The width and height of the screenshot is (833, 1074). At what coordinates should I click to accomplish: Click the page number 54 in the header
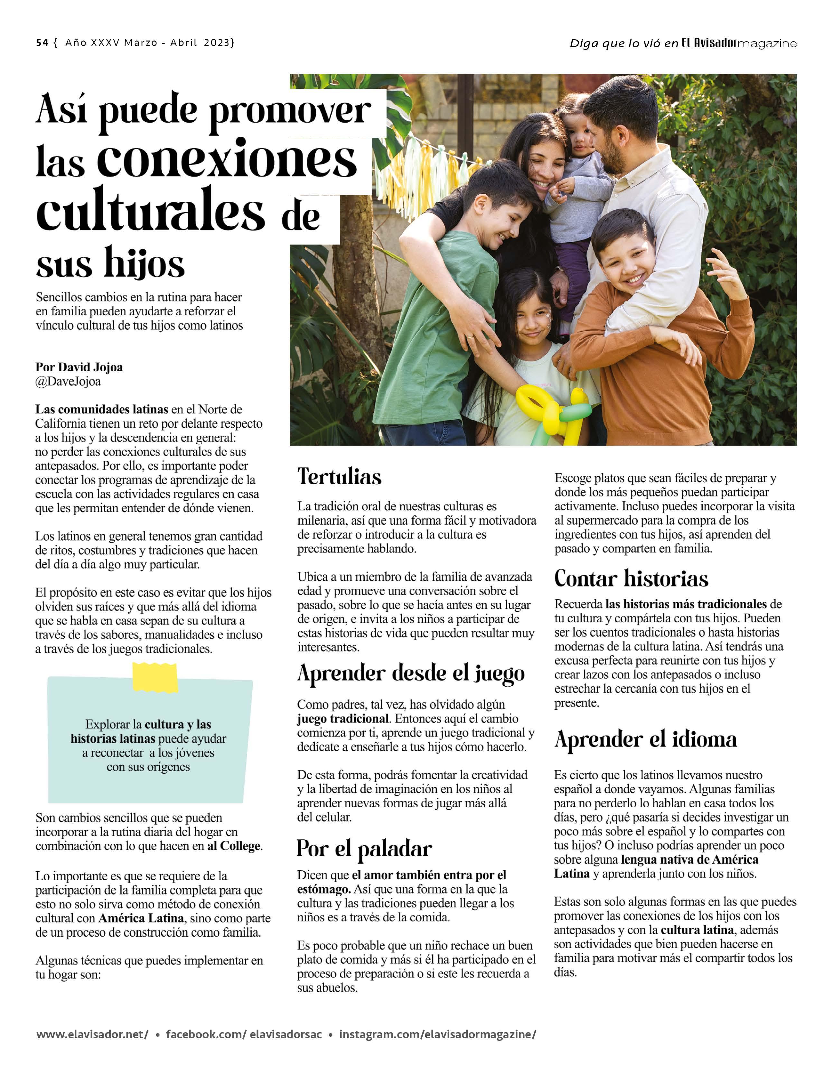tap(42, 43)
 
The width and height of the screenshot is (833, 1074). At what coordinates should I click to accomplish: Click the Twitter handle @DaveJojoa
tap(68, 382)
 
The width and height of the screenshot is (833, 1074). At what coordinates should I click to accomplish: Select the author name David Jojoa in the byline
tap(90, 367)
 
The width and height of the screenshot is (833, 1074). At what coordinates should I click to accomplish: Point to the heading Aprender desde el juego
tap(411, 674)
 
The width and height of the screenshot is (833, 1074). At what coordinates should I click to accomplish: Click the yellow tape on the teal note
tap(155, 677)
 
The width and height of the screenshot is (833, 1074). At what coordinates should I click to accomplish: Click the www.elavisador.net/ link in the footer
tap(92, 1034)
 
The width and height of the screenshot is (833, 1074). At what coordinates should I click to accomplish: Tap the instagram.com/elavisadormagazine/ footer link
tap(437, 1034)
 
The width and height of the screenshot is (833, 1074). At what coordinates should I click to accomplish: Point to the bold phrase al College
tap(234, 846)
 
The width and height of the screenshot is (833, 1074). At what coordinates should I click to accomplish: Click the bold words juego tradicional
tap(342, 719)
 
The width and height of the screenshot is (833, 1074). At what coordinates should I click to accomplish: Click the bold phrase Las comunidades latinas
tap(101, 409)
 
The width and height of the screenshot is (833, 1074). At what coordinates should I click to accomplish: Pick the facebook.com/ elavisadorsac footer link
tap(244, 1034)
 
